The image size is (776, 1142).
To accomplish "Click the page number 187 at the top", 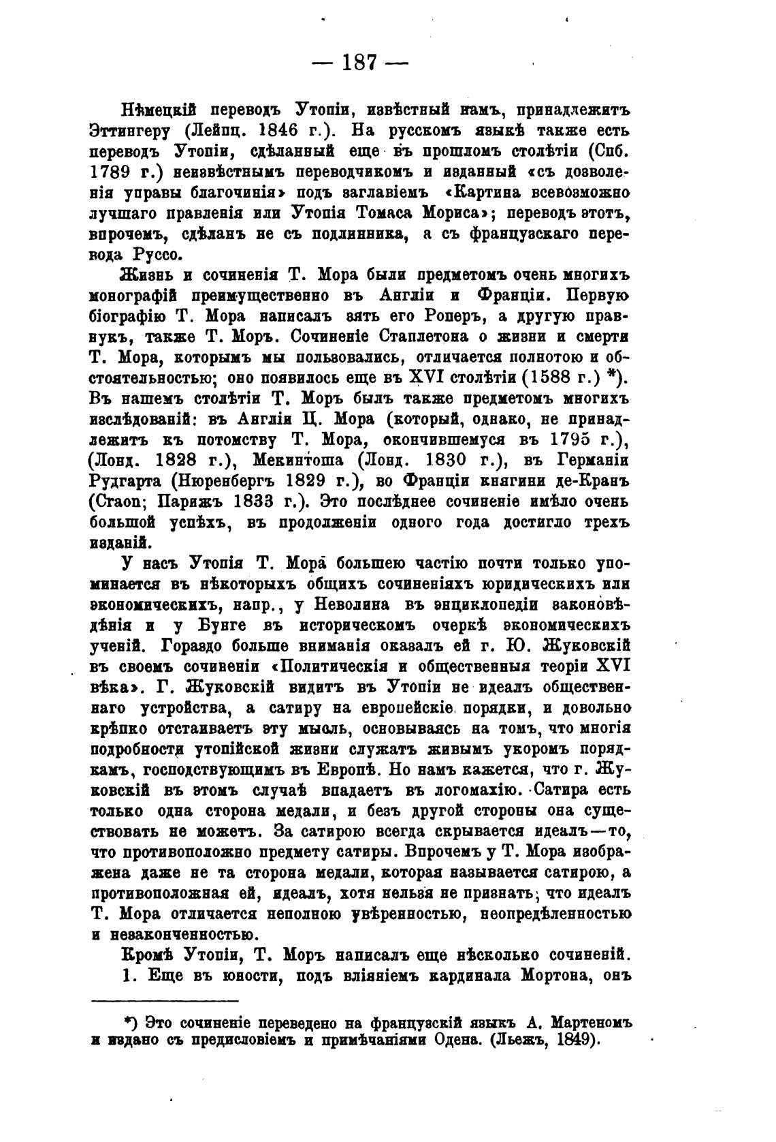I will pyautogui.click(x=358, y=62).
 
